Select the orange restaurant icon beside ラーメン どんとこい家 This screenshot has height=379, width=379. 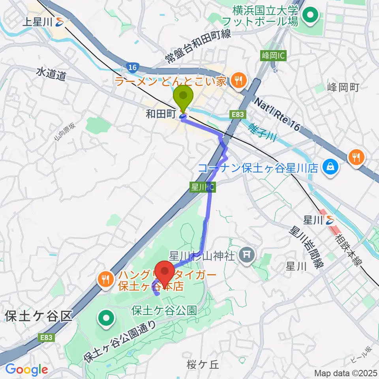238,81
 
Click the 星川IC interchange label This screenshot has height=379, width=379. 203,187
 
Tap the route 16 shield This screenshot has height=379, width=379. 133,68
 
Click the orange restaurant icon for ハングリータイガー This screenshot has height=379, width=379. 105,280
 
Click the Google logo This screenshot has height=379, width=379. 26,370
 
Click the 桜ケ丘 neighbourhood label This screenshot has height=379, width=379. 204,365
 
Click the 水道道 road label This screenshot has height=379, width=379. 51,74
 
